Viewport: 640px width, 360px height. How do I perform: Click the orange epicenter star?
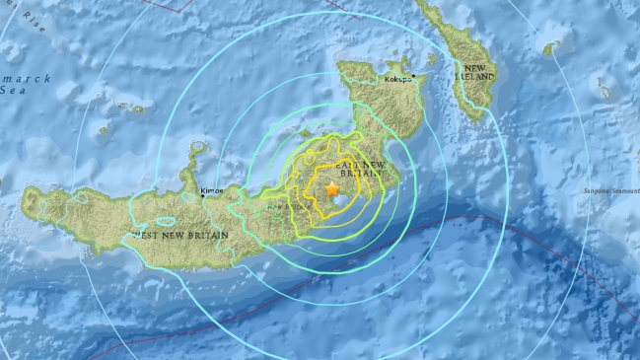coord(332,187)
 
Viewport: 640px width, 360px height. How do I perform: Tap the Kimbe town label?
coord(212,190)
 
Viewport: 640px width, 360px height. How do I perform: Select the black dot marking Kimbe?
coord(204,195)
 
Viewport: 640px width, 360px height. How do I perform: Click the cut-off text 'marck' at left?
coord(16,74)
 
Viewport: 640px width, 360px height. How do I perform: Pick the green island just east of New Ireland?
coord(551,46)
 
